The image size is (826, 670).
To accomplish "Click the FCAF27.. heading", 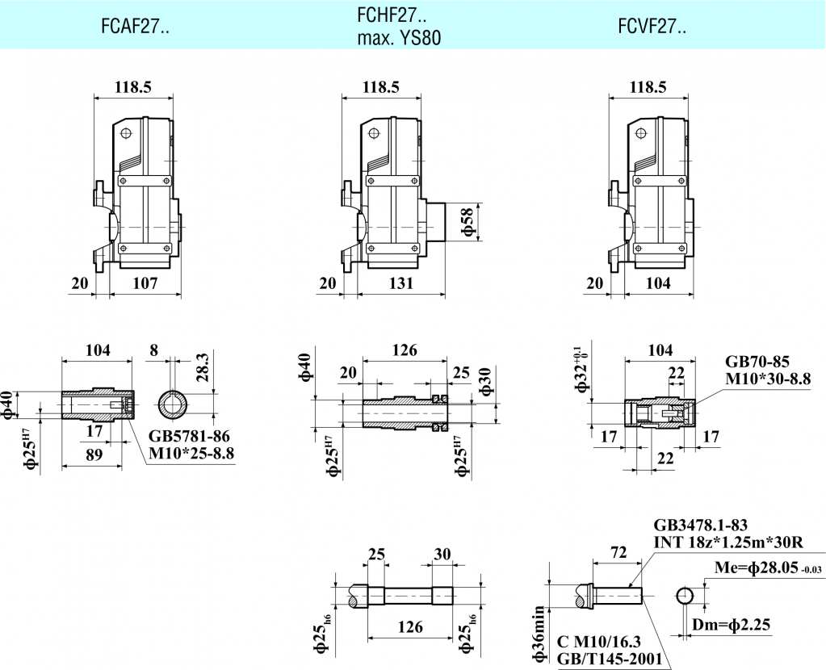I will click(x=135, y=27).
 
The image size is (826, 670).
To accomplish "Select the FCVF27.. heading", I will click(x=652, y=27).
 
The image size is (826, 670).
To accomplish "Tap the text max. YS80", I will click(x=400, y=38).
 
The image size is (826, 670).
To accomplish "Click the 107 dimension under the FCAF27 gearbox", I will click(x=145, y=283).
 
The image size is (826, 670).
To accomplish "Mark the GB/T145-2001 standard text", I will click(x=610, y=660).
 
